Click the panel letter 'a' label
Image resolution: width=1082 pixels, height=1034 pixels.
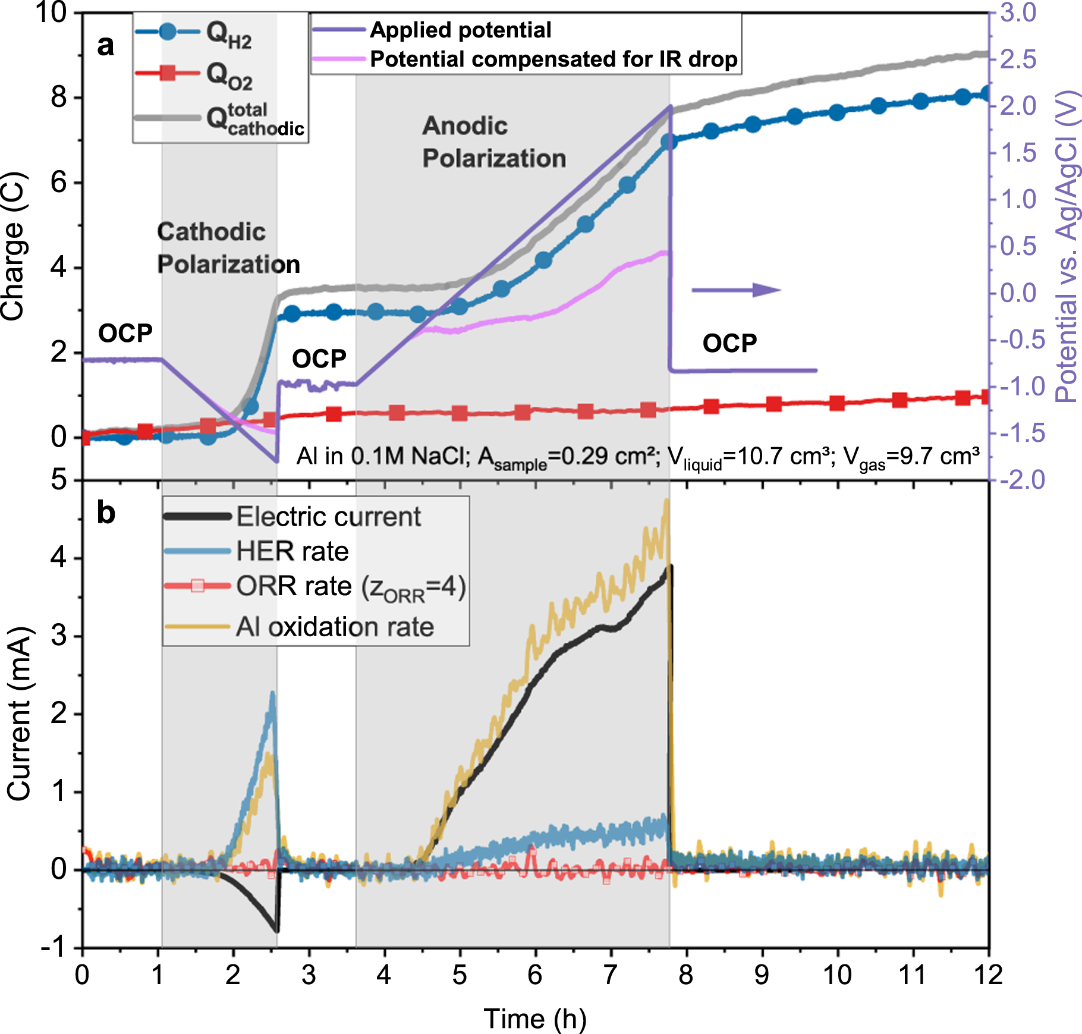pyautogui.click(x=105, y=46)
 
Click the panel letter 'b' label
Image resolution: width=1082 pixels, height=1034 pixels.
pyautogui.click(x=106, y=513)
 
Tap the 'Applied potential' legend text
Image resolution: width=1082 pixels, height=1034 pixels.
pyautogui.click(x=460, y=30)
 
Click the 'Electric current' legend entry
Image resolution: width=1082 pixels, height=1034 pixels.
pyautogui.click(x=328, y=517)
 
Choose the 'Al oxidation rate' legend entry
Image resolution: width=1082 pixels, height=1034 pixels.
pyautogui.click(x=335, y=627)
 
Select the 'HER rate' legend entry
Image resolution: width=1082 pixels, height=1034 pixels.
pyautogui.click(x=292, y=551)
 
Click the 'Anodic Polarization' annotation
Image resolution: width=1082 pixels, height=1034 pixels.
pyautogui.click(x=493, y=142)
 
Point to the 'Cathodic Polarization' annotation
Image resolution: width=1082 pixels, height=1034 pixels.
pyautogui.click(x=228, y=248)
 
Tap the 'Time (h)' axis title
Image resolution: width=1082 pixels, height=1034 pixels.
pyautogui.click(x=535, y=1019)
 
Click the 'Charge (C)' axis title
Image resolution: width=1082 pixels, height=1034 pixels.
pyautogui.click(x=13, y=246)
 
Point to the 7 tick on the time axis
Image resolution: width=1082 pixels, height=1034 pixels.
pyautogui.click(x=611, y=975)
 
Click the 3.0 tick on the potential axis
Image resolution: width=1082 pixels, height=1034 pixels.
pyautogui.click(x=1018, y=13)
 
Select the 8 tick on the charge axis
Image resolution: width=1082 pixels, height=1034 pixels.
pyautogui.click(x=59, y=97)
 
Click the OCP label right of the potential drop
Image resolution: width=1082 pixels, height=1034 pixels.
pyautogui.click(x=729, y=344)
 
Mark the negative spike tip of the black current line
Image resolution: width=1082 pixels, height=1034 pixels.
pyautogui.click(x=277, y=931)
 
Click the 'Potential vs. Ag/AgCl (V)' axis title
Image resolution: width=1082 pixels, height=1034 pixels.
pyautogui.click(x=1067, y=246)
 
